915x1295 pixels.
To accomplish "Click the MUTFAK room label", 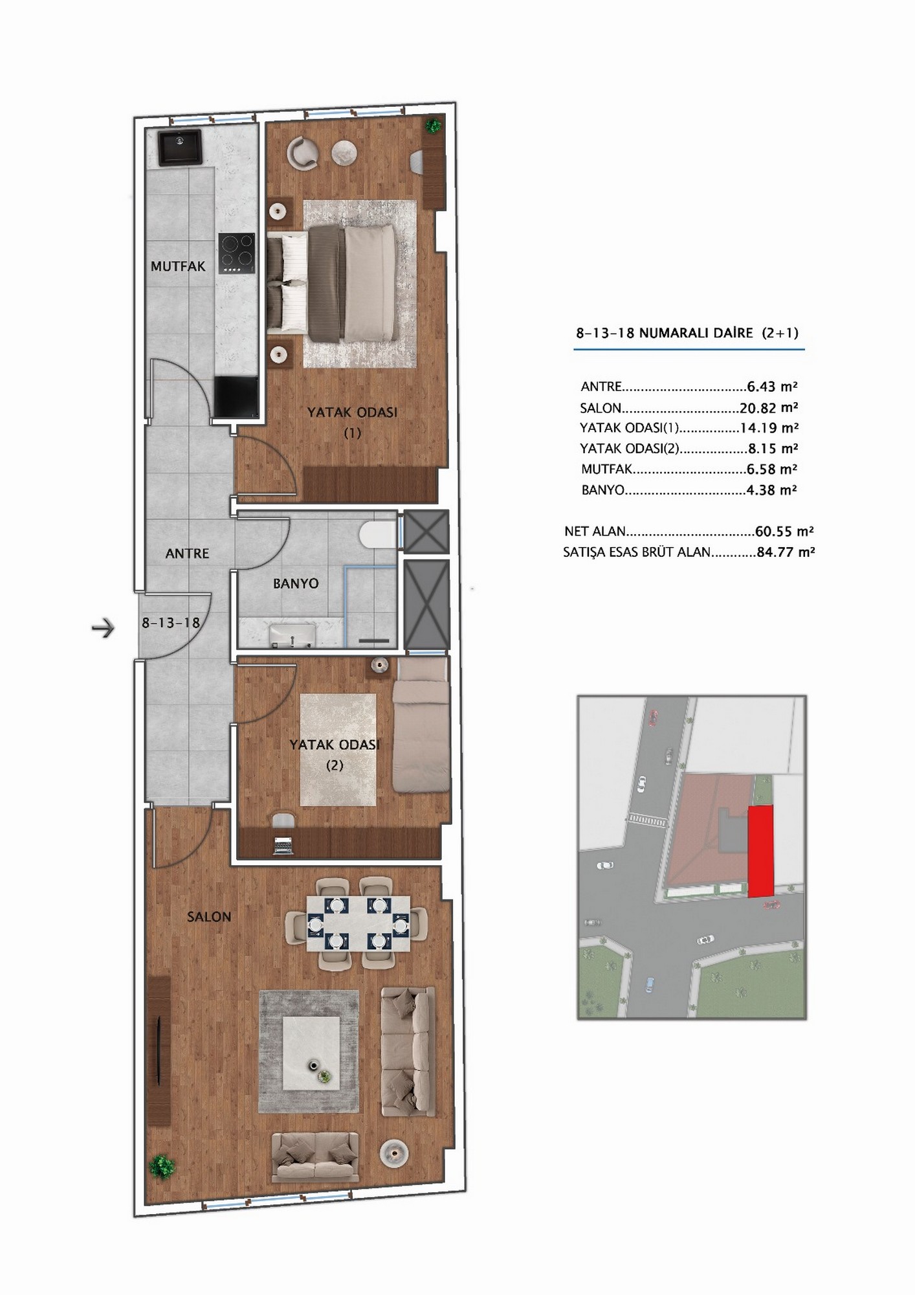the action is point(178,266).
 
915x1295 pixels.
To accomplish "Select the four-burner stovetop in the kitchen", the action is point(237,253).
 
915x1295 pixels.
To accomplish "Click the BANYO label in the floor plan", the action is point(296,583).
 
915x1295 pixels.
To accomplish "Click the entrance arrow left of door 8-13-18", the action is point(103,627).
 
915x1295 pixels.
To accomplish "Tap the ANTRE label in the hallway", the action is point(187,554).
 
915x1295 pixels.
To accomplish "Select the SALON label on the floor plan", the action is point(209,917).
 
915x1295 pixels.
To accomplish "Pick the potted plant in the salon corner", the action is point(162,1166).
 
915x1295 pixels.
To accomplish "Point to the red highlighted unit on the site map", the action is point(761,851).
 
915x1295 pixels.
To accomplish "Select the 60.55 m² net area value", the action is point(784,532).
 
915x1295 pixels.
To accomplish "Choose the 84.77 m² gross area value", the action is point(786,552).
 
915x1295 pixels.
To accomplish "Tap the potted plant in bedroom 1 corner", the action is point(434,126).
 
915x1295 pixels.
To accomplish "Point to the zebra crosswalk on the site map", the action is point(646,820).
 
